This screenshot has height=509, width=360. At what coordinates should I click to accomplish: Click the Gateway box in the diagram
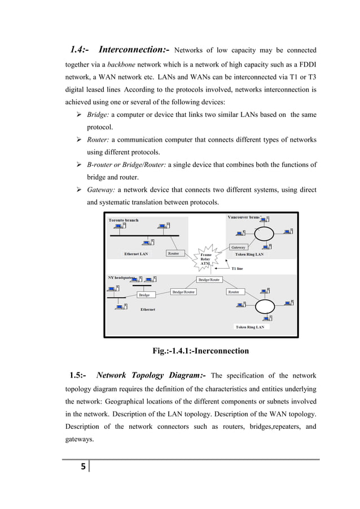coord(238,247)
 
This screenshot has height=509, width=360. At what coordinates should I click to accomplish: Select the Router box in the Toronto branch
coord(174,253)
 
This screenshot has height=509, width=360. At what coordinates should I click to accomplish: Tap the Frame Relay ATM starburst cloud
coord(205,259)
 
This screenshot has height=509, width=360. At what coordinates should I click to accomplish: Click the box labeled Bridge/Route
coord(208,280)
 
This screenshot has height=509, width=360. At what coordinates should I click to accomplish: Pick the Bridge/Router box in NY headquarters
coord(184,292)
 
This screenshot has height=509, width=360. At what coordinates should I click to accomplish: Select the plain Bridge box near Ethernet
coord(144,295)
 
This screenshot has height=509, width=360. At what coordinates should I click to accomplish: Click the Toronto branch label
coord(124,220)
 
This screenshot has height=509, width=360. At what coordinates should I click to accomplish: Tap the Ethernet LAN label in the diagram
coord(136,254)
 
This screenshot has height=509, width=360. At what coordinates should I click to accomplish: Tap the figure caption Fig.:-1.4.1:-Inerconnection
coord(200,351)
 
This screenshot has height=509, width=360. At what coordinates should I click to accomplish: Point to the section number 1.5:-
coord(77,375)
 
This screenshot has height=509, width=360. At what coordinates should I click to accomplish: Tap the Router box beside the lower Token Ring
coord(234,292)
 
